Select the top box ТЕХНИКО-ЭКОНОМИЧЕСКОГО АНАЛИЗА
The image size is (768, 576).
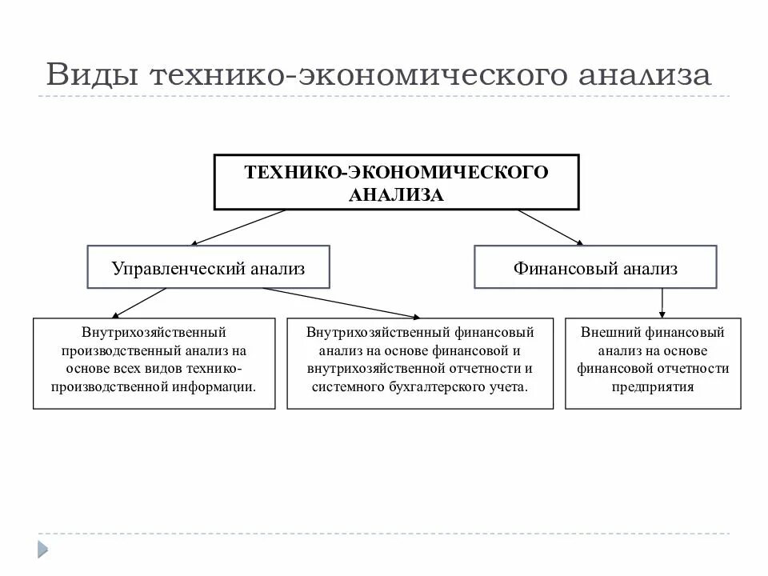point(396,183)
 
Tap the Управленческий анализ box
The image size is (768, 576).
point(208,268)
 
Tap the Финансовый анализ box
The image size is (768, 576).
point(595,268)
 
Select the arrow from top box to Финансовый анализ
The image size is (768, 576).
point(552,226)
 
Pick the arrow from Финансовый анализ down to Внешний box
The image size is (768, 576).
point(662,302)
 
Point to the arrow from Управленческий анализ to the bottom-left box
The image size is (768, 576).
point(140,302)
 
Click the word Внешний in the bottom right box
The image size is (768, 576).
point(606,332)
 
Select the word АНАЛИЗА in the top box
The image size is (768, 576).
point(396,194)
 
